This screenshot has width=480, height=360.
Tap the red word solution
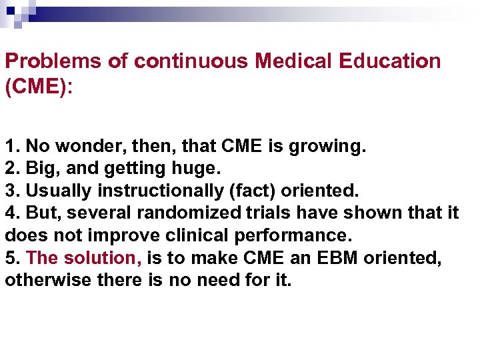click(x=105, y=257)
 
